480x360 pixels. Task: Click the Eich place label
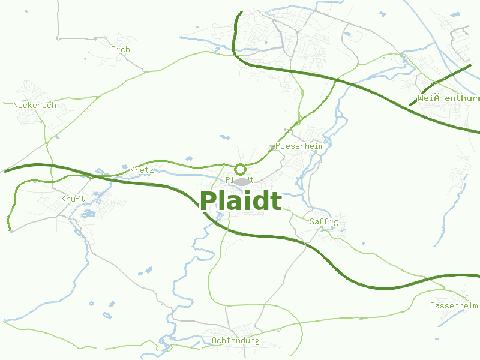[x=120, y=50]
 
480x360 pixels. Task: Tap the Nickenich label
[x=35, y=106]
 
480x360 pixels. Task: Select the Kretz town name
[x=142, y=170]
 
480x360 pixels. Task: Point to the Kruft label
[x=73, y=199]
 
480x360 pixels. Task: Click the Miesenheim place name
[x=299, y=146]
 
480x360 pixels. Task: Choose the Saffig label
[x=323, y=222]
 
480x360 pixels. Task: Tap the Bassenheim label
[x=454, y=306]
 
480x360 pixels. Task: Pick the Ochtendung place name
[x=235, y=341]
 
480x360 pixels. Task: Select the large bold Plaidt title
[x=240, y=202]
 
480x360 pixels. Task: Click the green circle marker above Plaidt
[x=240, y=169]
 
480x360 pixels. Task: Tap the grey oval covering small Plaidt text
[x=242, y=181]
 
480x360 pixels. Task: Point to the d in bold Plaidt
[x=260, y=202]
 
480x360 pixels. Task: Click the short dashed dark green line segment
[x=441, y=85]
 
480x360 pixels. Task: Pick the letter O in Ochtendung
[x=214, y=341]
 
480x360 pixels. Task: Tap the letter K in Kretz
[x=133, y=170]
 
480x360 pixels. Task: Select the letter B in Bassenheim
[x=433, y=306]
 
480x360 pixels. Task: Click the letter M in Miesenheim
[x=278, y=146]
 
